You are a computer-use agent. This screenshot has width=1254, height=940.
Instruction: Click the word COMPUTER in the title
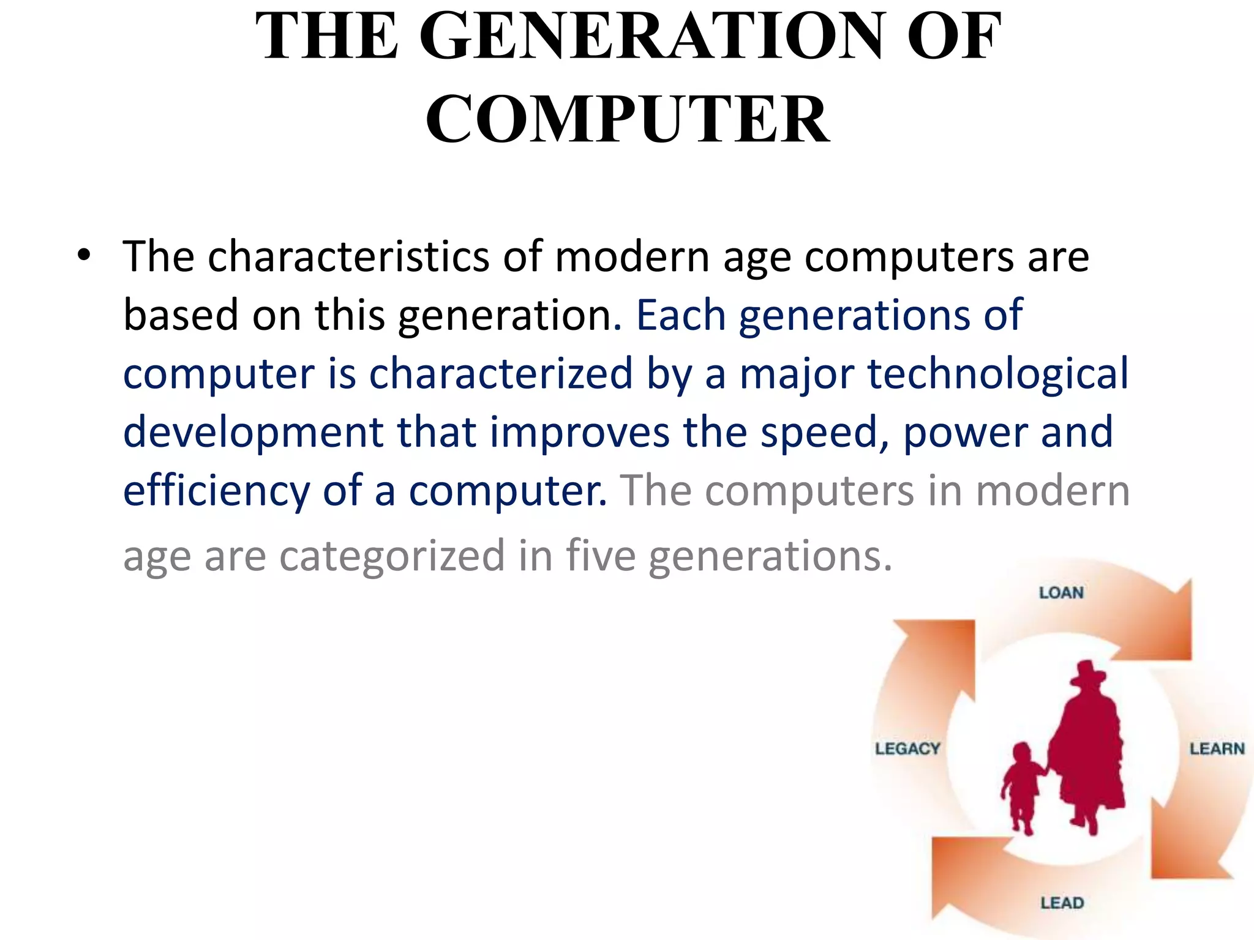click(627, 119)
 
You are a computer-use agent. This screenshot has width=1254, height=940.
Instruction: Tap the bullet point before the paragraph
click(84, 255)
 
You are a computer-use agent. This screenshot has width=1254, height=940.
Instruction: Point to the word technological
click(997, 373)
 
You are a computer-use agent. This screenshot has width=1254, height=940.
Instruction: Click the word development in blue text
click(253, 432)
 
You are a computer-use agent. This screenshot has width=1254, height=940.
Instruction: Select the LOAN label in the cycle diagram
click(1061, 592)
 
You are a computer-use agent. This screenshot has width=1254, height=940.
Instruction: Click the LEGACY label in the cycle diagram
click(907, 748)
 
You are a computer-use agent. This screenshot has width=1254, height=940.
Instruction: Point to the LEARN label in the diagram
click(1217, 748)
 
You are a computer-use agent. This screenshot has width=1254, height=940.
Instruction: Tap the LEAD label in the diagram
click(1062, 903)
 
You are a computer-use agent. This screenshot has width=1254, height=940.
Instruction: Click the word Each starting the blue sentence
click(680, 315)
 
